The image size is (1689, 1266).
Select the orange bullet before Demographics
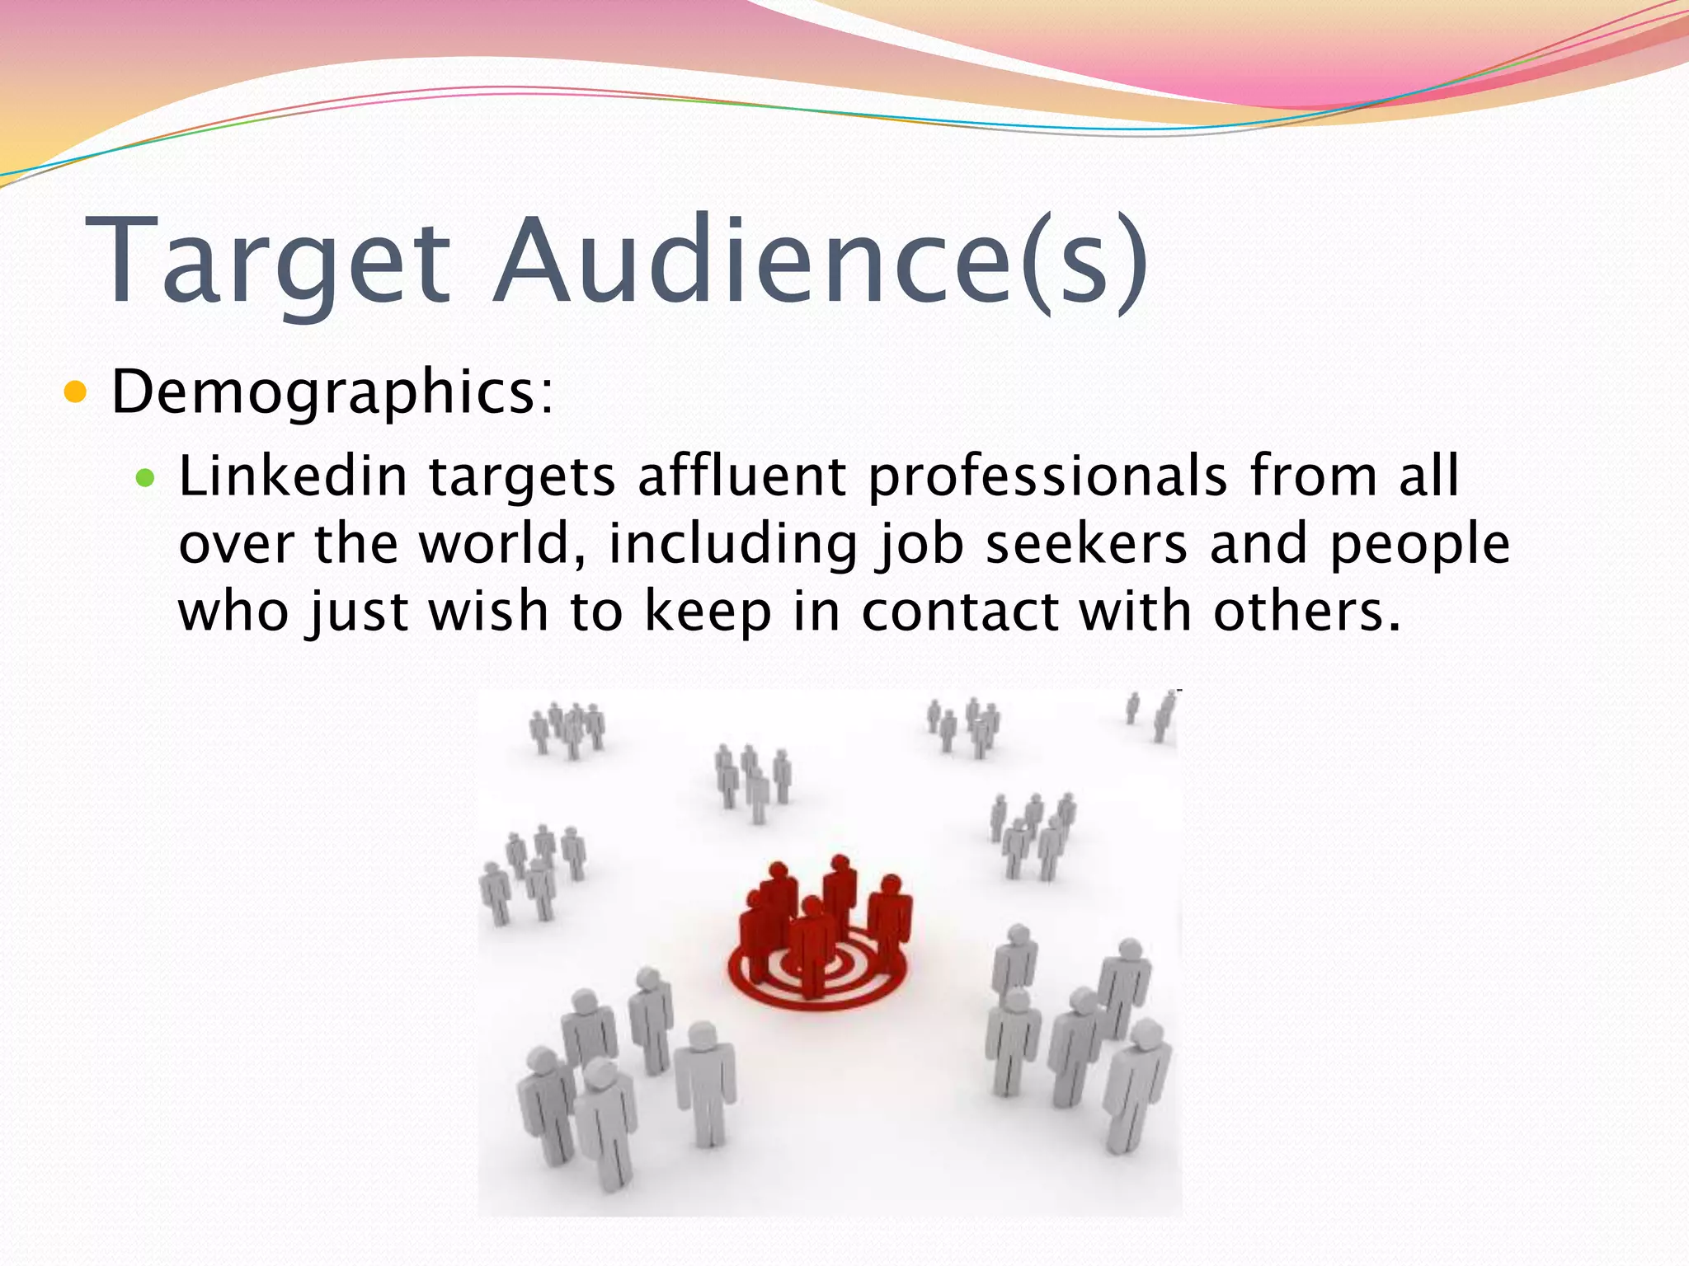pos(75,392)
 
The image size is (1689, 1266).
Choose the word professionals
pos(1048,478)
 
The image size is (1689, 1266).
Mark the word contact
pos(960,612)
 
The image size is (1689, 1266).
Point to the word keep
pos(707,613)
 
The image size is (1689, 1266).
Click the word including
pos(733,546)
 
